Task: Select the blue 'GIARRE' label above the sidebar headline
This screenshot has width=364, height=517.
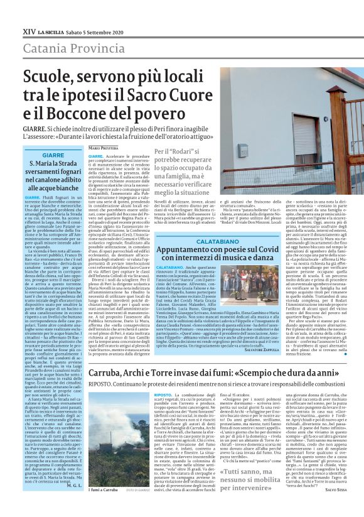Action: pos(51,155)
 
